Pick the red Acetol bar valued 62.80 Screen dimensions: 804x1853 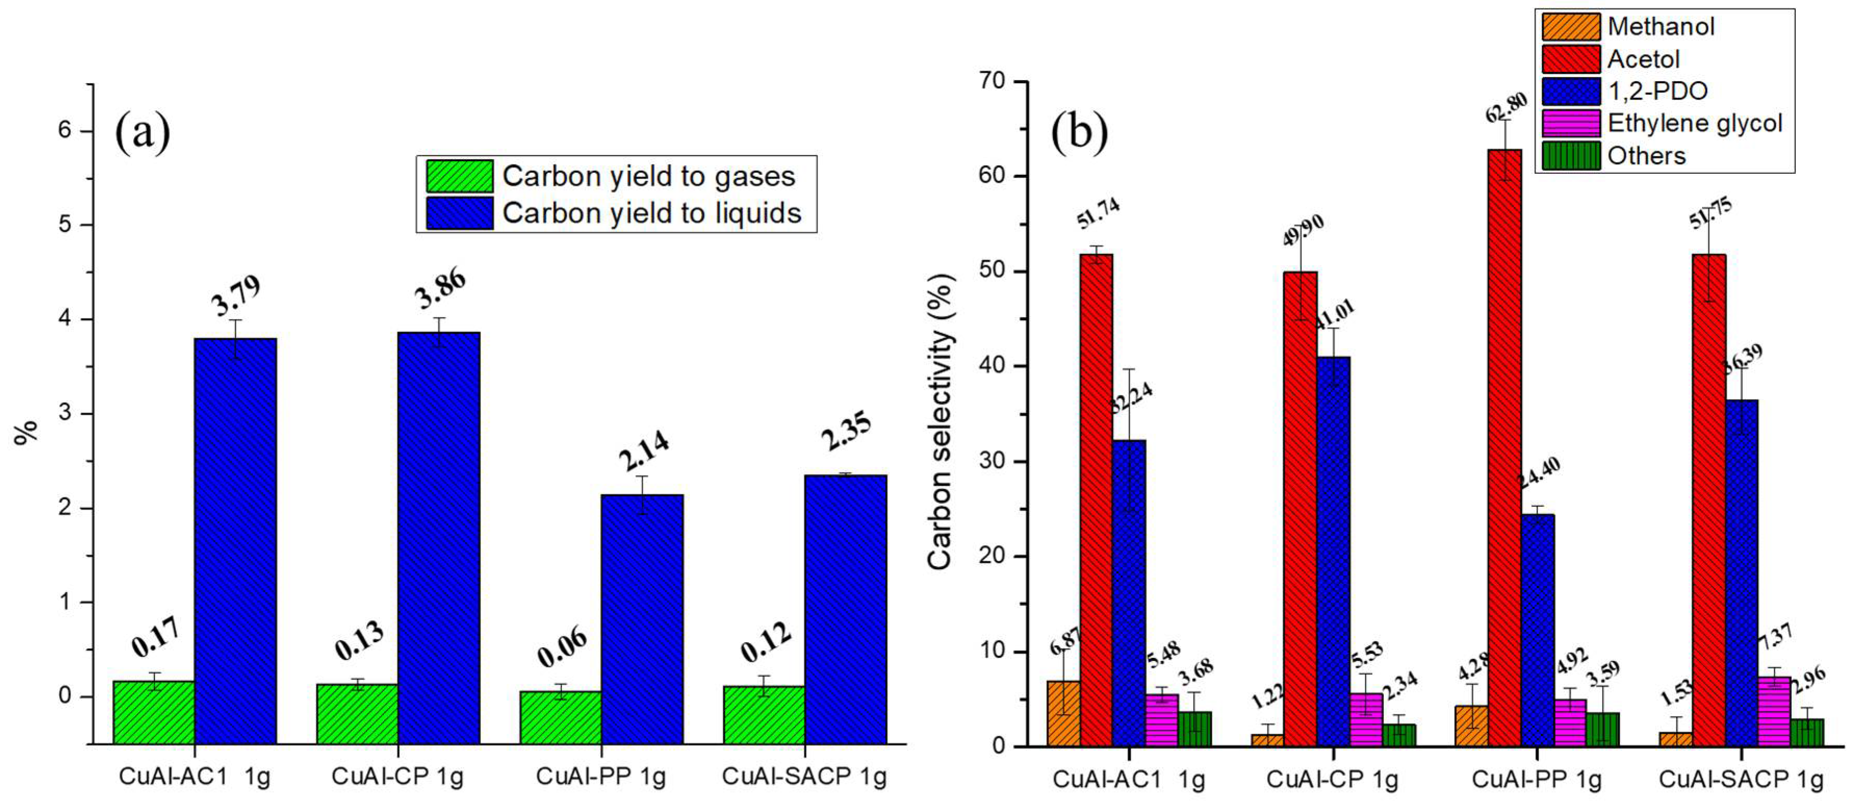point(1505,446)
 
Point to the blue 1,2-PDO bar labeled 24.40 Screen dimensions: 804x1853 point(1537,630)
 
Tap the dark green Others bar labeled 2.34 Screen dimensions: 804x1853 point(1398,735)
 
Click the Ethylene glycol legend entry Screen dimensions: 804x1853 point(1694,123)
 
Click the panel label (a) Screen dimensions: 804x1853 point(142,133)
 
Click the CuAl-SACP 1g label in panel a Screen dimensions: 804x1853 point(804,776)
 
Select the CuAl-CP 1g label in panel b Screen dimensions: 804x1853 point(1331,779)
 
